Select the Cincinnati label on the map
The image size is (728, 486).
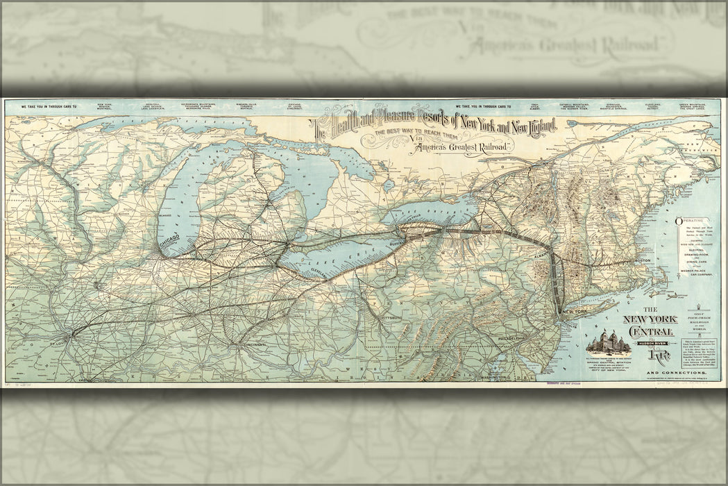click(x=246, y=345)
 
